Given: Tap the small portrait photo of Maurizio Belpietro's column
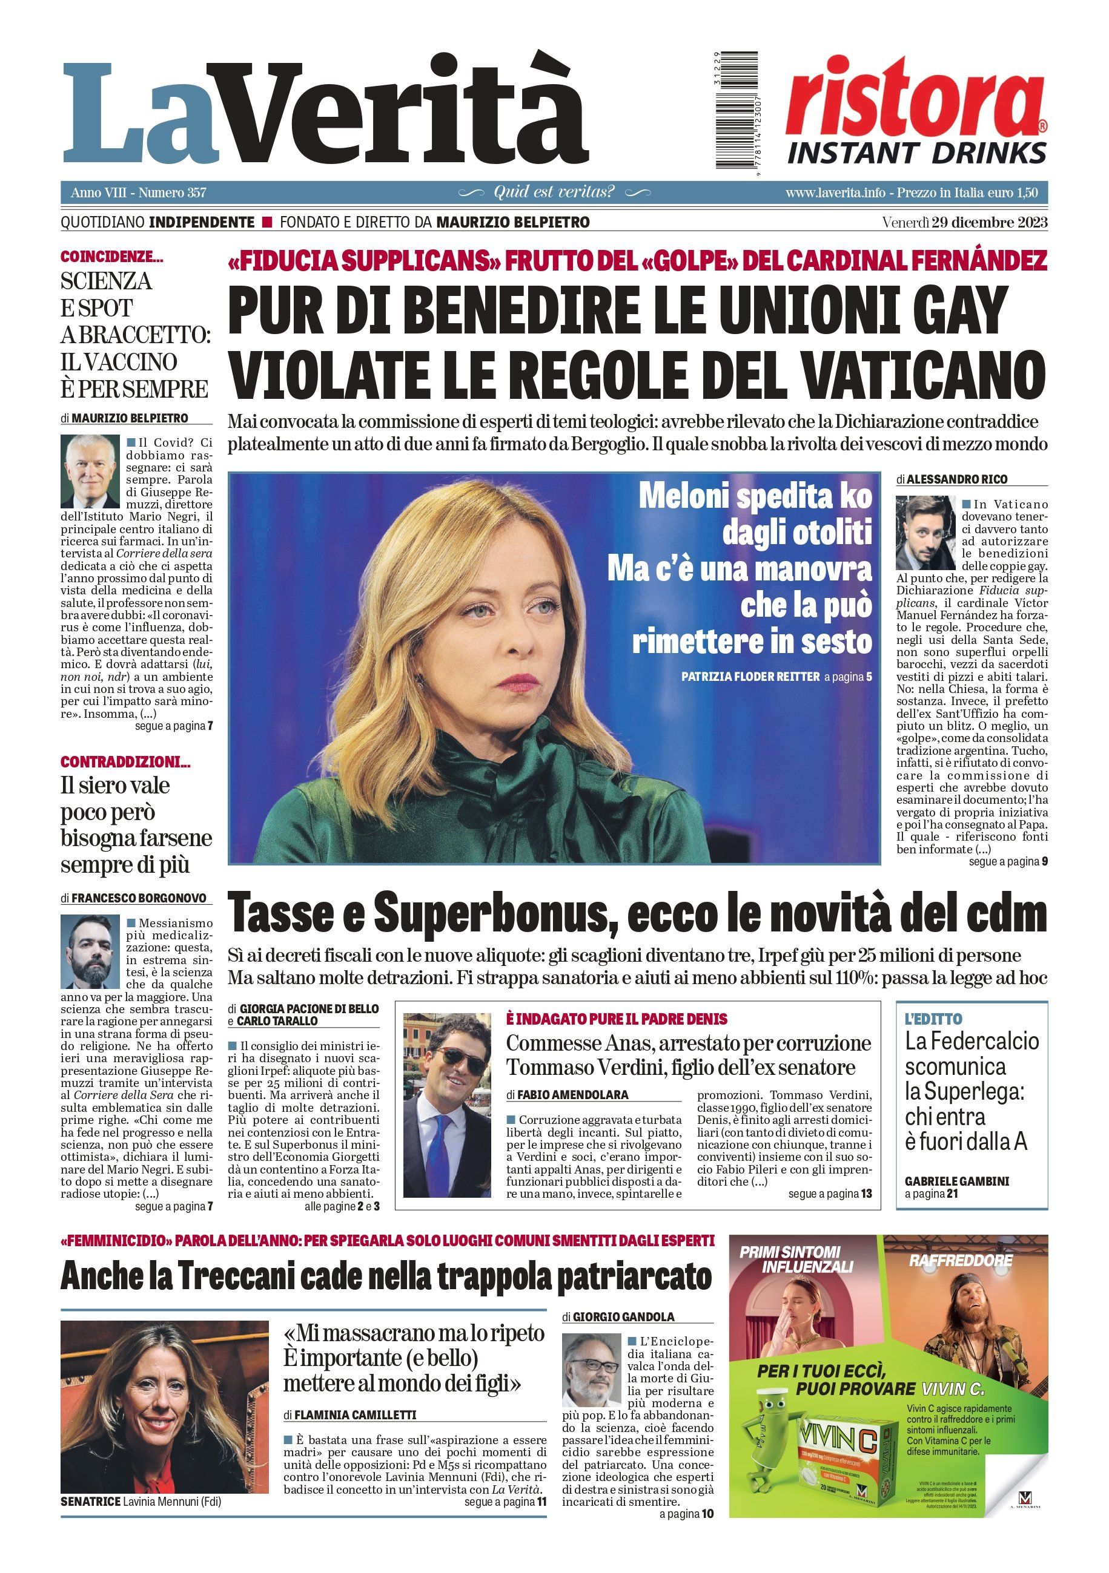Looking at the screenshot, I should (x=90, y=471).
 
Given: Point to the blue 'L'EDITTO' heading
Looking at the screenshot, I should (x=933, y=1019).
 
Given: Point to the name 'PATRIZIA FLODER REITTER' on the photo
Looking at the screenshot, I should (x=750, y=677).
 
